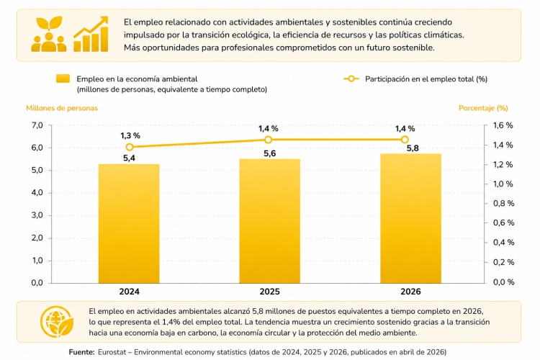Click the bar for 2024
click(x=129, y=224)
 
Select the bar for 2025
click(x=270, y=221)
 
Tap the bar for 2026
click(x=410, y=218)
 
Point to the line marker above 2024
click(x=130, y=147)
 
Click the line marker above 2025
click(x=269, y=140)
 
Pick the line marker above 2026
click(x=405, y=140)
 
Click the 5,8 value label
click(x=413, y=148)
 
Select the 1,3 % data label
click(x=130, y=136)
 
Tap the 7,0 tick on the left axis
click(x=37, y=125)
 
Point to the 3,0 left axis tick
click(x=37, y=215)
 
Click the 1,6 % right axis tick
click(x=503, y=125)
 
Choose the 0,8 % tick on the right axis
click(x=503, y=204)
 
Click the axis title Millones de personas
click(x=62, y=108)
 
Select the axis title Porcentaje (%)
click(x=483, y=108)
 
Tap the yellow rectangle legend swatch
click(x=63, y=78)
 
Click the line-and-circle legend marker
click(x=351, y=79)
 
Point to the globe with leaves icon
click(x=56, y=322)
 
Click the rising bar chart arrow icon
click(x=91, y=34)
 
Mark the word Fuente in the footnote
click(x=81, y=352)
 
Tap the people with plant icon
click(x=49, y=34)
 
